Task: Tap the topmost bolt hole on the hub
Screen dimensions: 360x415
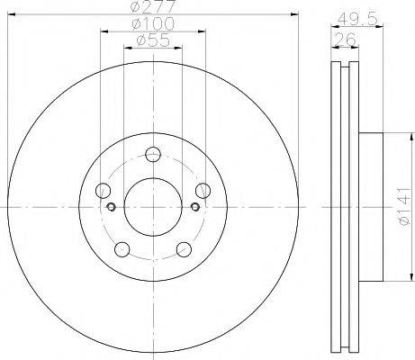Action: click(x=152, y=153)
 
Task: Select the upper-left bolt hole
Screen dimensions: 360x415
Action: click(x=103, y=190)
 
